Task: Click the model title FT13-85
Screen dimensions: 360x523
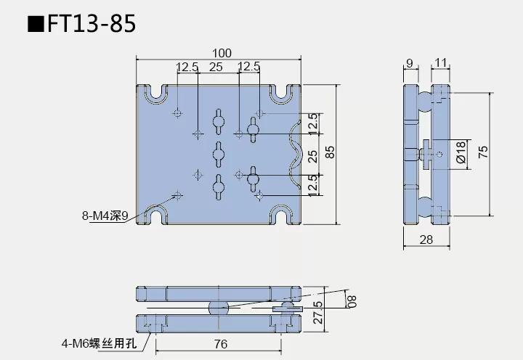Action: pyautogui.click(x=91, y=24)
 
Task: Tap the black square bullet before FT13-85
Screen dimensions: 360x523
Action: pyautogui.click(x=34, y=25)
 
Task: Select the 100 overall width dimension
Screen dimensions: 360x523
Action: pyautogui.click(x=222, y=52)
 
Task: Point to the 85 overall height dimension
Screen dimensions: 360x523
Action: pyautogui.click(x=329, y=153)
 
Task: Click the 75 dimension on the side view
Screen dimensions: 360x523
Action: pyautogui.click(x=484, y=152)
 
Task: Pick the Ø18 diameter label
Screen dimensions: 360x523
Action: pyautogui.click(x=461, y=152)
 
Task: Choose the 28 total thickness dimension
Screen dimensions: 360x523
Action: pyautogui.click(x=427, y=240)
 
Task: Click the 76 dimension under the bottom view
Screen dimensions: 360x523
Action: pyautogui.click(x=221, y=343)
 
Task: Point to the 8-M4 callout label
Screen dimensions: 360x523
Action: pyautogui.click(x=105, y=215)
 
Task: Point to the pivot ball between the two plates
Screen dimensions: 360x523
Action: pyautogui.click(x=219, y=307)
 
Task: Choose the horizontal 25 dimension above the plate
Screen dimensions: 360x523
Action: pyautogui.click(x=216, y=67)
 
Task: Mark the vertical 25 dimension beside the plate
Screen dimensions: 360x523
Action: pyautogui.click(x=312, y=155)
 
